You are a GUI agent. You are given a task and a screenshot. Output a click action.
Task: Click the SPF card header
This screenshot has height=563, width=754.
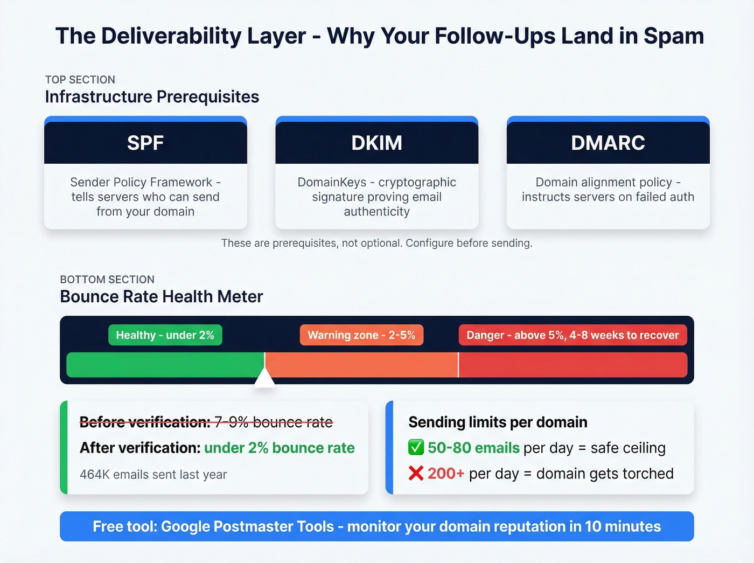click(x=145, y=143)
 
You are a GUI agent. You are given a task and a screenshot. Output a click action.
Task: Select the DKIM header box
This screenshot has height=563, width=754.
click(x=376, y=143)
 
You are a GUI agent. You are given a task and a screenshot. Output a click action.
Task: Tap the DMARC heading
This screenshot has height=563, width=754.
click(x=608, y=143)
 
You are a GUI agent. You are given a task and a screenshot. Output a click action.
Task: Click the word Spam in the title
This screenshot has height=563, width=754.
click(x=674, y=36)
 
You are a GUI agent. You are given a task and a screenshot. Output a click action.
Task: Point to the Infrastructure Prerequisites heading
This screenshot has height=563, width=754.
click(x=152, y=97)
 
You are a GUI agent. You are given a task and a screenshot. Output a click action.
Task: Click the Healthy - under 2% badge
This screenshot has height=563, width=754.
click(x=165, y=335)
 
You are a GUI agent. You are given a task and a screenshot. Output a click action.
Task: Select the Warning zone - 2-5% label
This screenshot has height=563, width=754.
click(x=361, y=335)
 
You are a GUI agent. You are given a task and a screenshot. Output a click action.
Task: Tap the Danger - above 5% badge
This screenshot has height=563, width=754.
click(x=573, y=335)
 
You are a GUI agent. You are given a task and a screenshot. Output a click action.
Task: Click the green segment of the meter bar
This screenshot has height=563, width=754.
click(x=165, y=365)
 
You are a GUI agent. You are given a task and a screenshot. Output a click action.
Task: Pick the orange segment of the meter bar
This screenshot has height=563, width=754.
click(x=361, y=365)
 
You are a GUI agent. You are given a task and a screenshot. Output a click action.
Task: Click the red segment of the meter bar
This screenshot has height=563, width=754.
click(x=573, y=365)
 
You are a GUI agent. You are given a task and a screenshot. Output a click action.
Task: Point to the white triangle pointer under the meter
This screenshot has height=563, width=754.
click(x=264, y=379)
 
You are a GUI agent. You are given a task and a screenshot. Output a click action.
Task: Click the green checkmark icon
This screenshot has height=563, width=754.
click(x=416, y=448)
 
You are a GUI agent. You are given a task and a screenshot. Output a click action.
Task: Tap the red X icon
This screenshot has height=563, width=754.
click(x=416, y=474)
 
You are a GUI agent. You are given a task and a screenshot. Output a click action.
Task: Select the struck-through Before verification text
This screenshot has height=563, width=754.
click(x=206, y=422)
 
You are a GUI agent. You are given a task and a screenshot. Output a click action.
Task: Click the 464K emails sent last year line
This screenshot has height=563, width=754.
click(x=153, y=475)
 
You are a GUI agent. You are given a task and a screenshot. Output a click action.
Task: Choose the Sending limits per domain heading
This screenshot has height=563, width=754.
click(x=498, y=422)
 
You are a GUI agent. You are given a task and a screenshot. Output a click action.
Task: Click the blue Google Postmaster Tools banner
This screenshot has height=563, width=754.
click(x=376, y=526)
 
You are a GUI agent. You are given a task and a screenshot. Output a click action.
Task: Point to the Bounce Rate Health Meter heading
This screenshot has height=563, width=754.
click(x=162, y=297)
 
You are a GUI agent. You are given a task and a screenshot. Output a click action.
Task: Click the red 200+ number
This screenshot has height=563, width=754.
click(x=446, y=474)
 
